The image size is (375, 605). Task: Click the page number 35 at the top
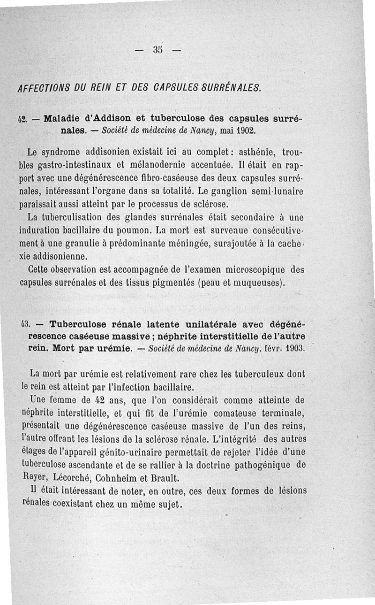tap(157, 49)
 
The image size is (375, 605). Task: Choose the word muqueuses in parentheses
tap(257, 283)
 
